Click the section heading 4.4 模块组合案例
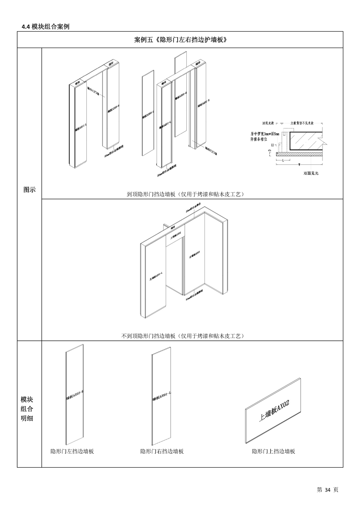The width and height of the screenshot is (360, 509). coord(46,27)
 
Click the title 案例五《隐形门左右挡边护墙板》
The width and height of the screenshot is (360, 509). coord(180,40)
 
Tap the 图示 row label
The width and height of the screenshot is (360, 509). coord(30,190)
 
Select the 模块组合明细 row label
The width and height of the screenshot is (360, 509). coord(27,409)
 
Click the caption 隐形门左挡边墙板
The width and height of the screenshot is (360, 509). coord(72,451)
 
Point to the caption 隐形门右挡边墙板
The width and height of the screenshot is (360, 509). coord(162,451)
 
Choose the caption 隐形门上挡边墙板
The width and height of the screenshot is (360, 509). coord(273,451)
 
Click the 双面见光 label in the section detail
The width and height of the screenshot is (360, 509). coord(311,173)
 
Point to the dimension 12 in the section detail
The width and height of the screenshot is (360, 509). coord(272,145)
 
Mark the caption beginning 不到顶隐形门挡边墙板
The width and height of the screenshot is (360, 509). coord(183,336)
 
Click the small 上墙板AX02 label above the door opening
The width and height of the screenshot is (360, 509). coord(175,234)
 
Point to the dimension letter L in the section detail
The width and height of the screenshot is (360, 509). coord(283,160)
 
